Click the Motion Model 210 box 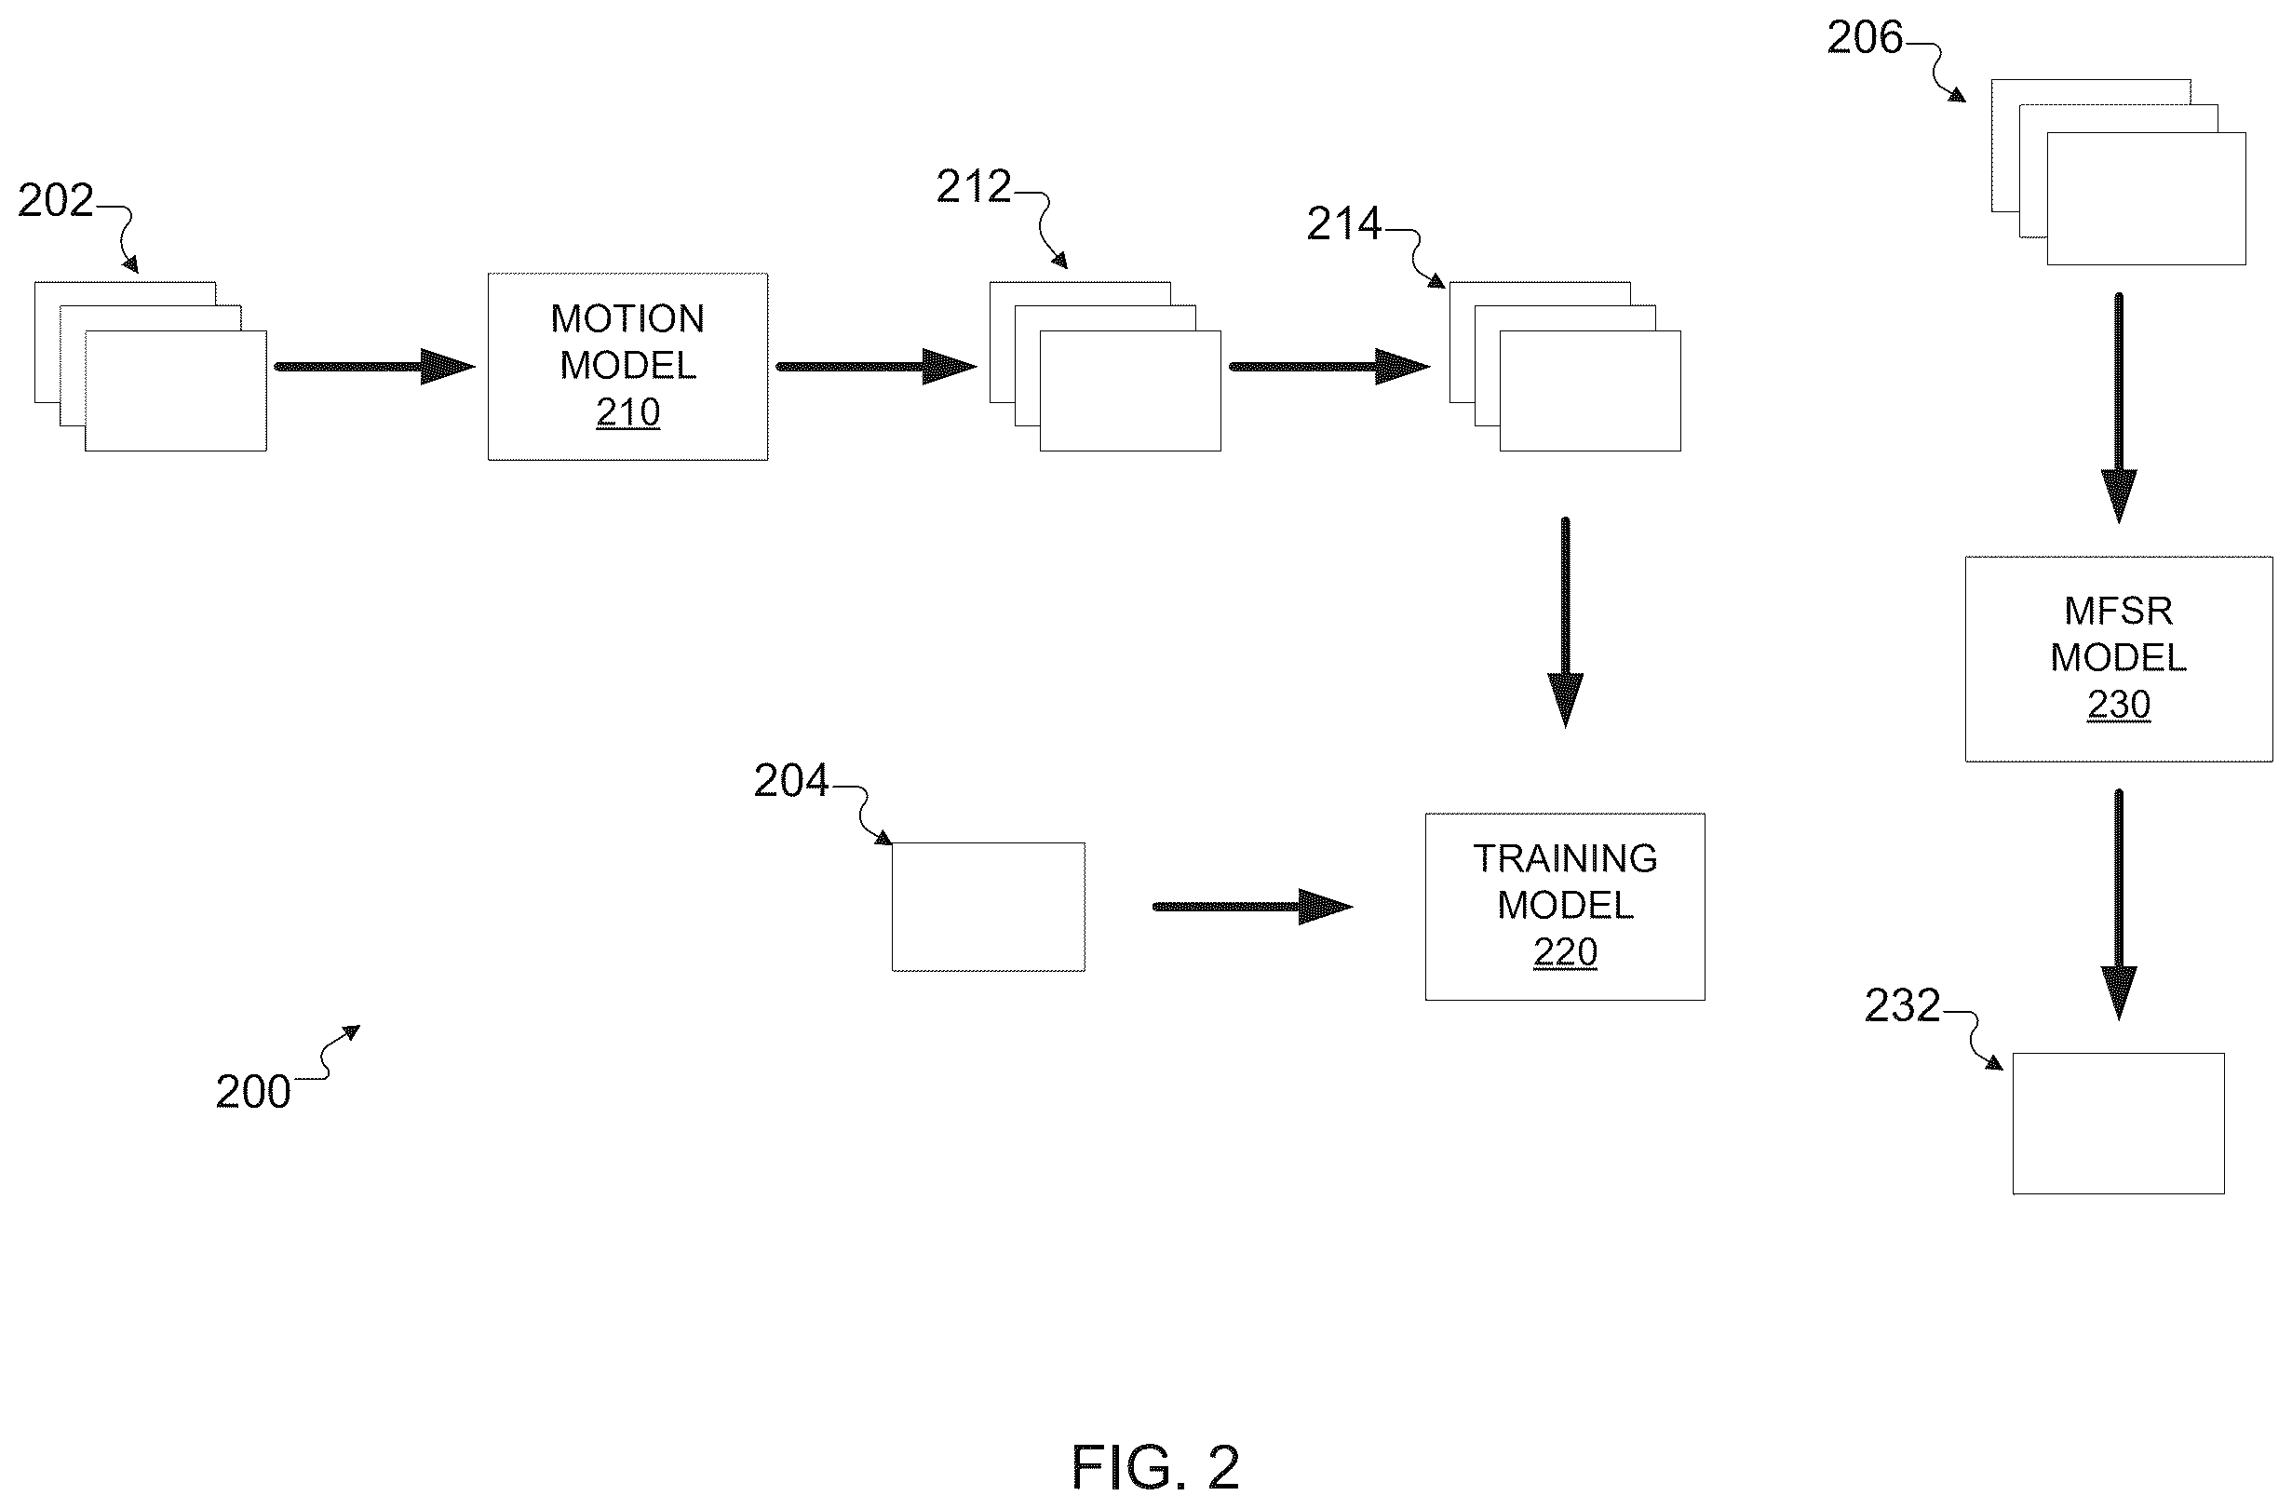click(627, 367)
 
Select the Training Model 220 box click(1565, 906)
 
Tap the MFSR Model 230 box click(2119, 659)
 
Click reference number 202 click(56, 200)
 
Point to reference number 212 click(974, 186)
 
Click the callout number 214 click(1343, 223)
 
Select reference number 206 click(1865, 37)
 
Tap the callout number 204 click(790, 780)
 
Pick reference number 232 click(1902, 1005)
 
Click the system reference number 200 click(253, 1091)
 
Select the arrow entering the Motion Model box click(374, 366)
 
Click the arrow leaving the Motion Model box click(876, 366)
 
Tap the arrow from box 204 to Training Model click(1253, 906)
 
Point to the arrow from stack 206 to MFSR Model click(2119, 409)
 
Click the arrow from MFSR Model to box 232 click(2119, 904)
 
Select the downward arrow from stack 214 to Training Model click(1565, 623)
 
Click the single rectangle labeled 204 click(988, 907)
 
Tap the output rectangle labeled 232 click(2119, 1124)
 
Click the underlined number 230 click(2119, 705)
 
